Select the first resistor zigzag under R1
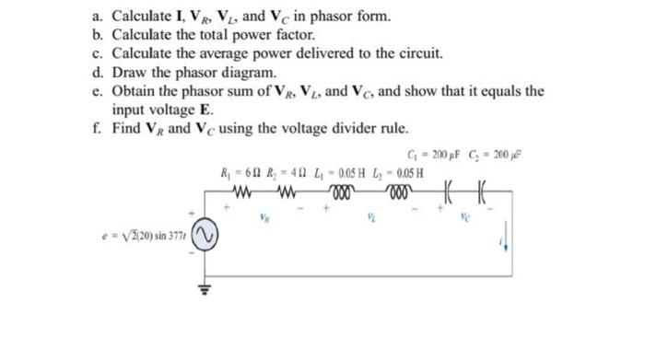click(x=248, y=193)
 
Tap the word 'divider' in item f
click(x=340, y=128)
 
